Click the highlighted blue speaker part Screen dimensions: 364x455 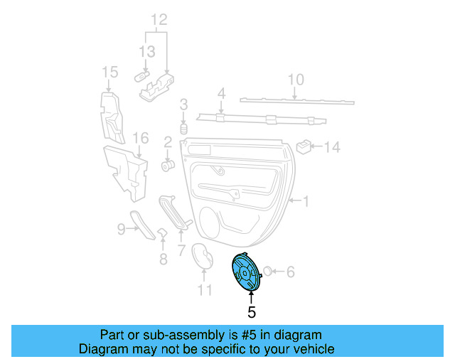[246, 273]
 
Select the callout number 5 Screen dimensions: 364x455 [251, 311]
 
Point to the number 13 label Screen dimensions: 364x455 [146, 52]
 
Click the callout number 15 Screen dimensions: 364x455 [109, 72]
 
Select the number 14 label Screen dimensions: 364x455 [333, 147]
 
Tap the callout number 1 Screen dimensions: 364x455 [306, 203]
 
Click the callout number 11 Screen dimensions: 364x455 [205, 290]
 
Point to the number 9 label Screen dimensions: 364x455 [121, 228]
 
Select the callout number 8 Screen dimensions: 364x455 [163, 259]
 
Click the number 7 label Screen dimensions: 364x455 [181, 250]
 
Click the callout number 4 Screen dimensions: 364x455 [220, 93]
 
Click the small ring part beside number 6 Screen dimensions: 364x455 [269, 271]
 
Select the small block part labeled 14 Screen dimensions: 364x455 [304, 146]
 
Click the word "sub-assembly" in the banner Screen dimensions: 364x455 [160, 335]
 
